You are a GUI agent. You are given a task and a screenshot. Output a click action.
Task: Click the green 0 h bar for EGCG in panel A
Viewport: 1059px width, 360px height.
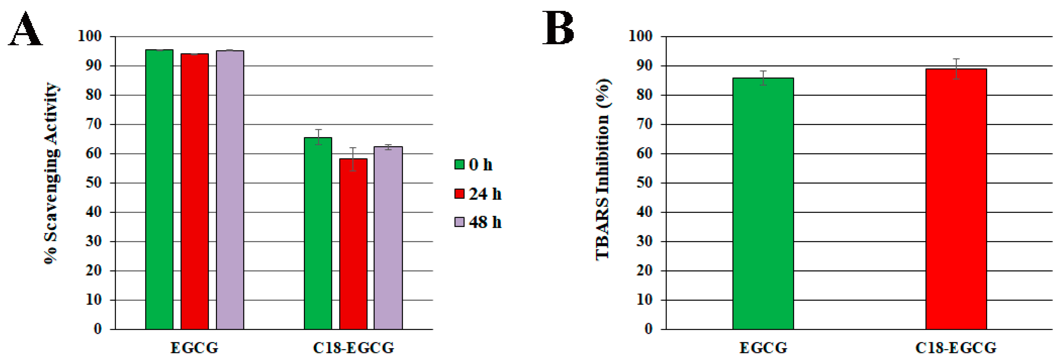159,189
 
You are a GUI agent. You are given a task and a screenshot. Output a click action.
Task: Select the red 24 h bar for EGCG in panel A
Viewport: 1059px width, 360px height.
194,191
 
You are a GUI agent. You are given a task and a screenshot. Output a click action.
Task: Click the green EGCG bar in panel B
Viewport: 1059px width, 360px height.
763,203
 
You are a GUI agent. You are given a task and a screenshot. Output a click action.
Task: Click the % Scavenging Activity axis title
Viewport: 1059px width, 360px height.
51,173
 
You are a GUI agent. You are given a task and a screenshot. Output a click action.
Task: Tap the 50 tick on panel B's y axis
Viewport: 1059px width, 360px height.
644,183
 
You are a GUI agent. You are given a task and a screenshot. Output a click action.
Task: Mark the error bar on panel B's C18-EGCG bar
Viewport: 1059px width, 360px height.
956,69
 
